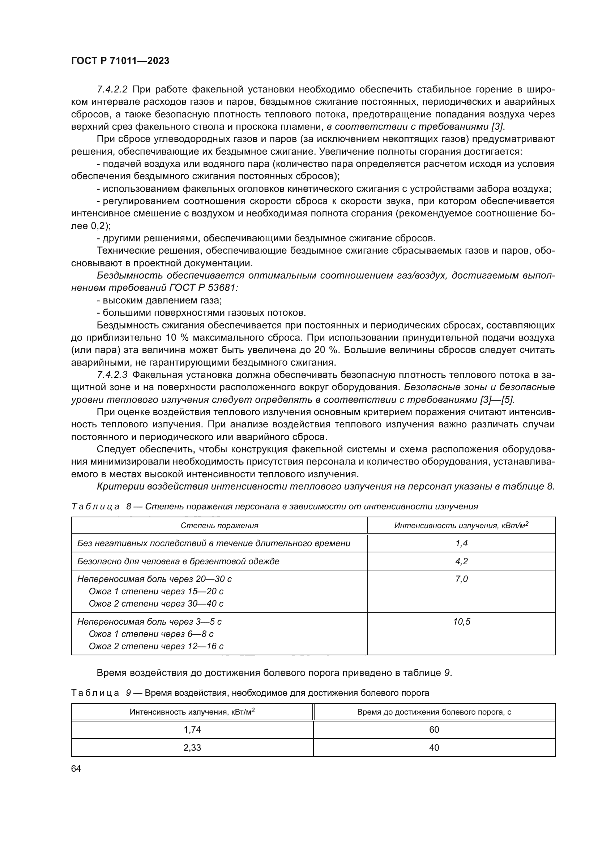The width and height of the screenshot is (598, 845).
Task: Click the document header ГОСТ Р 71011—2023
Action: [120, 61]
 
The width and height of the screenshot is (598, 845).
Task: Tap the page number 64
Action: [76, 769]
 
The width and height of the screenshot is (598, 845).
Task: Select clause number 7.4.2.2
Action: [112, 90]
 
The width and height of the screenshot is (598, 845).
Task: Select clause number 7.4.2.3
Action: [112, 375]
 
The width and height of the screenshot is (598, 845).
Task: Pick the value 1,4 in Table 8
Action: [461, 543]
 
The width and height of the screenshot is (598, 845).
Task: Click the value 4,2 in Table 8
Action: [461, 561]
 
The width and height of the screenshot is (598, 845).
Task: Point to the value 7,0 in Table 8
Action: [461, 579]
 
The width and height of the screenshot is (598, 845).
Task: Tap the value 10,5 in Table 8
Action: [461, 622]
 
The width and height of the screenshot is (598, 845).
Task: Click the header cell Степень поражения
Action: [219, 526]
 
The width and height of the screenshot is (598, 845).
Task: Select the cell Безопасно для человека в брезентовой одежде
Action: [178, 561]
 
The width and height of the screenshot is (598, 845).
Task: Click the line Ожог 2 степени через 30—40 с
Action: [156, 604]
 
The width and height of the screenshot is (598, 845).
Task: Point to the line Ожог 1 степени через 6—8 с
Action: [151, 634]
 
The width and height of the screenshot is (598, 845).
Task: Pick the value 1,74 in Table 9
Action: [192, 729]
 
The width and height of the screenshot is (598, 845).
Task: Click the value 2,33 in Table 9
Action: [192, 747]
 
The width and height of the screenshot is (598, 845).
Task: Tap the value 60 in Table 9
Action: [434, 729]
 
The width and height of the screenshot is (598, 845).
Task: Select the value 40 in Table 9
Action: [434, 747]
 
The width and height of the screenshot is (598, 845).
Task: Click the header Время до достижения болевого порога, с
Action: [434, 712]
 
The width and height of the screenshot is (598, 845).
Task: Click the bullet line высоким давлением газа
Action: [159, 300]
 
